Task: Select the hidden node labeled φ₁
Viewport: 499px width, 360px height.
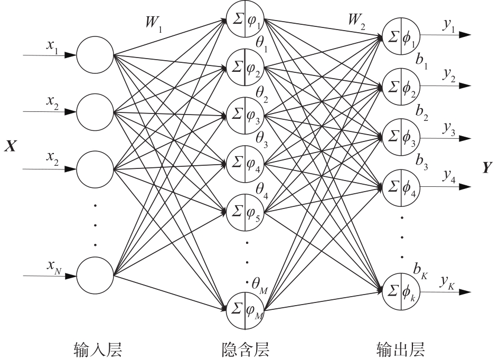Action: (244, 21)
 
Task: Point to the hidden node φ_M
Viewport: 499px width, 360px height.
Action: (244, 308)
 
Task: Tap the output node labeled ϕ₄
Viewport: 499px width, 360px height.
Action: (400, 188)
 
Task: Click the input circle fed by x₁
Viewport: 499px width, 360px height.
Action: (95, 55)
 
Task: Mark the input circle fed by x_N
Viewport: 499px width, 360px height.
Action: (95, 274)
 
